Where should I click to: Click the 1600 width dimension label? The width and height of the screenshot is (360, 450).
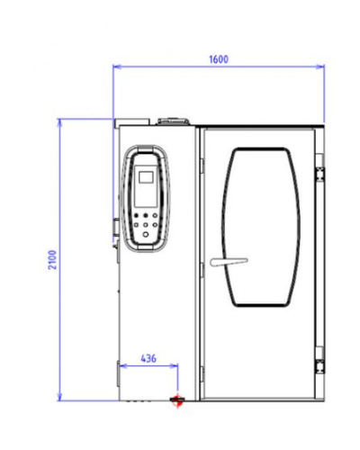(x=219, y=59)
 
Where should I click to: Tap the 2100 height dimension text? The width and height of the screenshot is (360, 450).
(x=52, y=260)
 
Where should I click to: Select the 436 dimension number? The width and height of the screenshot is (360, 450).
(x=148, y=358)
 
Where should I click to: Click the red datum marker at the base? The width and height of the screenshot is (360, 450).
(x=177, y=400)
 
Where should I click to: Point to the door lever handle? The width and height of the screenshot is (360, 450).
(x=229, y=262)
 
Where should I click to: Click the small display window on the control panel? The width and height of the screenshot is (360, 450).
(x=146, y=177)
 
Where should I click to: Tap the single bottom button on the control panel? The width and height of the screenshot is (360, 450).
(x=146, y=234)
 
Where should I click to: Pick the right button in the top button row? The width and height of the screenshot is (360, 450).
(x=155, y=215)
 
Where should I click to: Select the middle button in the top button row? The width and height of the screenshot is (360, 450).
(x=146, y=215)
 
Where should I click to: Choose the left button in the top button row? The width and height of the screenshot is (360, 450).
(x=136, y=215)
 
